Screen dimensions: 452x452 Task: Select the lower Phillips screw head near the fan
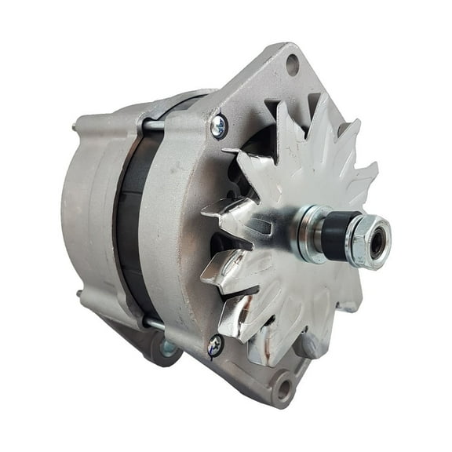point(214,344)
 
